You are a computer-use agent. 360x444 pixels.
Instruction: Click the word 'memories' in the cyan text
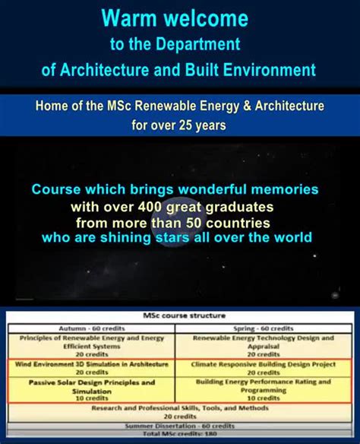click(x=285, y=189)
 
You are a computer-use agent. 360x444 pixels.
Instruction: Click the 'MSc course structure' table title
click(x=179, y=316)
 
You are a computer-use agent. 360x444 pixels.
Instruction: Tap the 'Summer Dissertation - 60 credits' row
click(x=179, y=426)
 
